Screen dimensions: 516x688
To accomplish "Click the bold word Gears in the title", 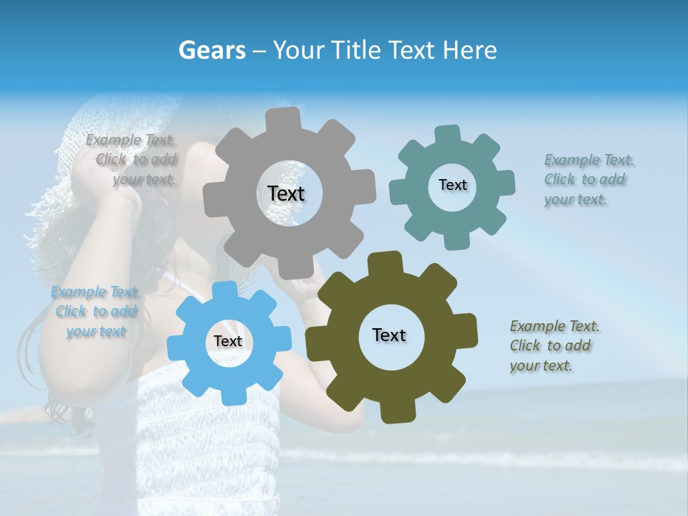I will tap(211, 50).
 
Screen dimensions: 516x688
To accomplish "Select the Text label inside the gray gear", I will tap(286, 193).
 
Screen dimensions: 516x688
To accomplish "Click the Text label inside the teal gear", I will tap(452, 185).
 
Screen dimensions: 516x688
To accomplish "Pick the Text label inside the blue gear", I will tap(228, 341).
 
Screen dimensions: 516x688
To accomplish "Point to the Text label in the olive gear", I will tap(388, 335).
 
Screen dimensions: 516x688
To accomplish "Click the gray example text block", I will tap(133, 160).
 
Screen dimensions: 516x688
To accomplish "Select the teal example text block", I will tap(588, 179).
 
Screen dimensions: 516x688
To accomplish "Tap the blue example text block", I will tap(95, 312).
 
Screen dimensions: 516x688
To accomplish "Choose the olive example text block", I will tap(554, 345).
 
